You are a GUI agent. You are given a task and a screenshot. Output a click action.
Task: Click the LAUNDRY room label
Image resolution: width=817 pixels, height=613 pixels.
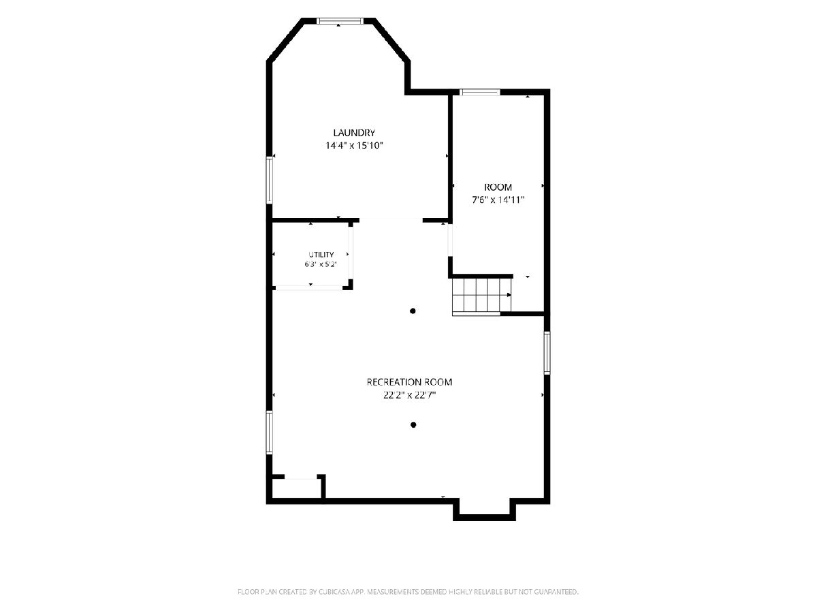tap(354, 133)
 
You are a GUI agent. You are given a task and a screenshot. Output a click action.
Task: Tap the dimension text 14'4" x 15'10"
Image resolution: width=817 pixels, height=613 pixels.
tap(354, 146)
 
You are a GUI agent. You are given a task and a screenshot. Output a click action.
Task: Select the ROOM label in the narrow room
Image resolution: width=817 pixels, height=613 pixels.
tap(498, 187)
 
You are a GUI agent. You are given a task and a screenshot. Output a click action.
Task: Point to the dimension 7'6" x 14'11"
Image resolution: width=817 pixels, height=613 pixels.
tap(498, 200)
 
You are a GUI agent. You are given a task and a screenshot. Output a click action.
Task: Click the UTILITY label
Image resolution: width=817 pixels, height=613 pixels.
tap(321, 255)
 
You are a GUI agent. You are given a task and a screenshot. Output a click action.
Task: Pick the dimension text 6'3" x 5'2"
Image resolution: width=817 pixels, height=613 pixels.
tap(321, 265)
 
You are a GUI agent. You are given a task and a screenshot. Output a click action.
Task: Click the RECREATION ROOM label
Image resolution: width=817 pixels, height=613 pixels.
tap(409, 382)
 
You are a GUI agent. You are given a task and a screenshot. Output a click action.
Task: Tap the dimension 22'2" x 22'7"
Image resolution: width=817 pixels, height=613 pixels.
tap(409, 395)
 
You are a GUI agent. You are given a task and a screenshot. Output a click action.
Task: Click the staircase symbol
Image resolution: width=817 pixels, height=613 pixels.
tap(481, 295)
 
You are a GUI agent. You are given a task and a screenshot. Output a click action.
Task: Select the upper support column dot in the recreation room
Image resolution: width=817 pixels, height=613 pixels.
tap(413, 311)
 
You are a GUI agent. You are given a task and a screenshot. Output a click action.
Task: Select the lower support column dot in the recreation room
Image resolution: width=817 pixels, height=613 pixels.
tap(413, 424)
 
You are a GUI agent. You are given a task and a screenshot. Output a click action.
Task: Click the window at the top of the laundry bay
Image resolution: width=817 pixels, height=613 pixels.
tap(339, 21)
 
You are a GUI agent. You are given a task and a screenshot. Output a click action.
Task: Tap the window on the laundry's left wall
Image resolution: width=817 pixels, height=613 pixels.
tap(270, 180)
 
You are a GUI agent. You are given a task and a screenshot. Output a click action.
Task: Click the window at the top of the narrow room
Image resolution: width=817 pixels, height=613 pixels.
tap(480, 93)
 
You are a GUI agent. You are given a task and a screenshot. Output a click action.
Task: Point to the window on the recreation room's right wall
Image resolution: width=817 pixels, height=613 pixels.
tap(547, 353)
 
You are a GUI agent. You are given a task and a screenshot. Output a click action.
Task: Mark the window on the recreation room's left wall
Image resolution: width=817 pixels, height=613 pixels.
tap(270, 433)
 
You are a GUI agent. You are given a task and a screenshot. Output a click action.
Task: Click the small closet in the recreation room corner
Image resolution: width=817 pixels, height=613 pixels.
tap(297, 487)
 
